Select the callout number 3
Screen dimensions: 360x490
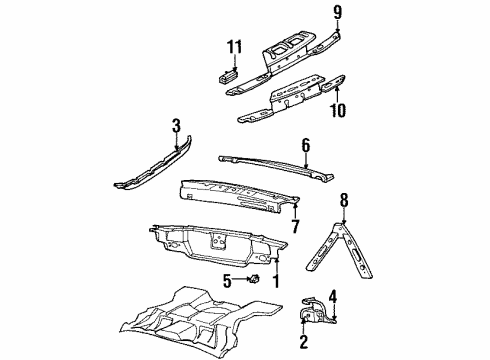[x=176, y=126]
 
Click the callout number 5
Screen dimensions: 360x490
[x=227, y=281]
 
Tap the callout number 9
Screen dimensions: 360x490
[x=337, y=13]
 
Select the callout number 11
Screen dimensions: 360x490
[x=235, y=47]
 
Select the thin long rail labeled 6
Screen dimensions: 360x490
[x=270, y=162]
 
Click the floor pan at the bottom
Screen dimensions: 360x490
[x=190, y=320]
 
